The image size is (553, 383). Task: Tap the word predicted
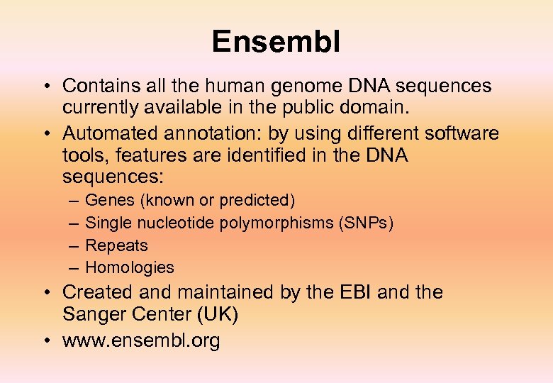257,201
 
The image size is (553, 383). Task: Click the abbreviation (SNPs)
367,223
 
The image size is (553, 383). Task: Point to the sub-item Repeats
116,245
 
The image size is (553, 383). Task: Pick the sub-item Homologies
129,267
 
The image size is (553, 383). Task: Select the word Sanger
91,314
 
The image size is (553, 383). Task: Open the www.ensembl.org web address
141,340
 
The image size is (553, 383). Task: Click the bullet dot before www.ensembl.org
45,341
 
